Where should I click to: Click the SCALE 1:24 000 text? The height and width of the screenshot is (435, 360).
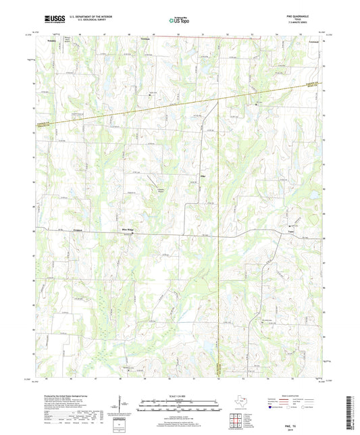pos(180,396)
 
